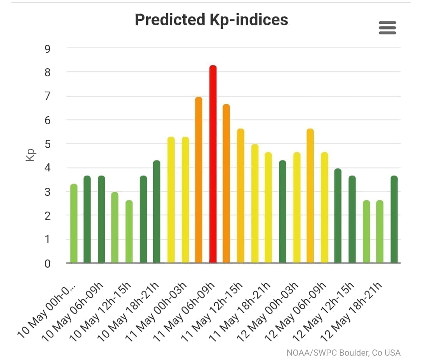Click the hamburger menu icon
pyautogui.click(x=387, y=28)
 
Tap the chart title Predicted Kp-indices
pyautogui.click(x=211, y=19)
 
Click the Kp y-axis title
pyautogui.click(x=31, y=155)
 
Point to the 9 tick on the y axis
pyautogui.click(x=48, y=49)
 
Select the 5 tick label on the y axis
pyautogui.click(x=48, y=144)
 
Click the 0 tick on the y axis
pyautogui.click(x=48, y=264)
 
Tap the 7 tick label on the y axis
pyautogui.click(x=48, y=97)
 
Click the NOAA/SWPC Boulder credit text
pyautogui.click(x=343, y=353)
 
